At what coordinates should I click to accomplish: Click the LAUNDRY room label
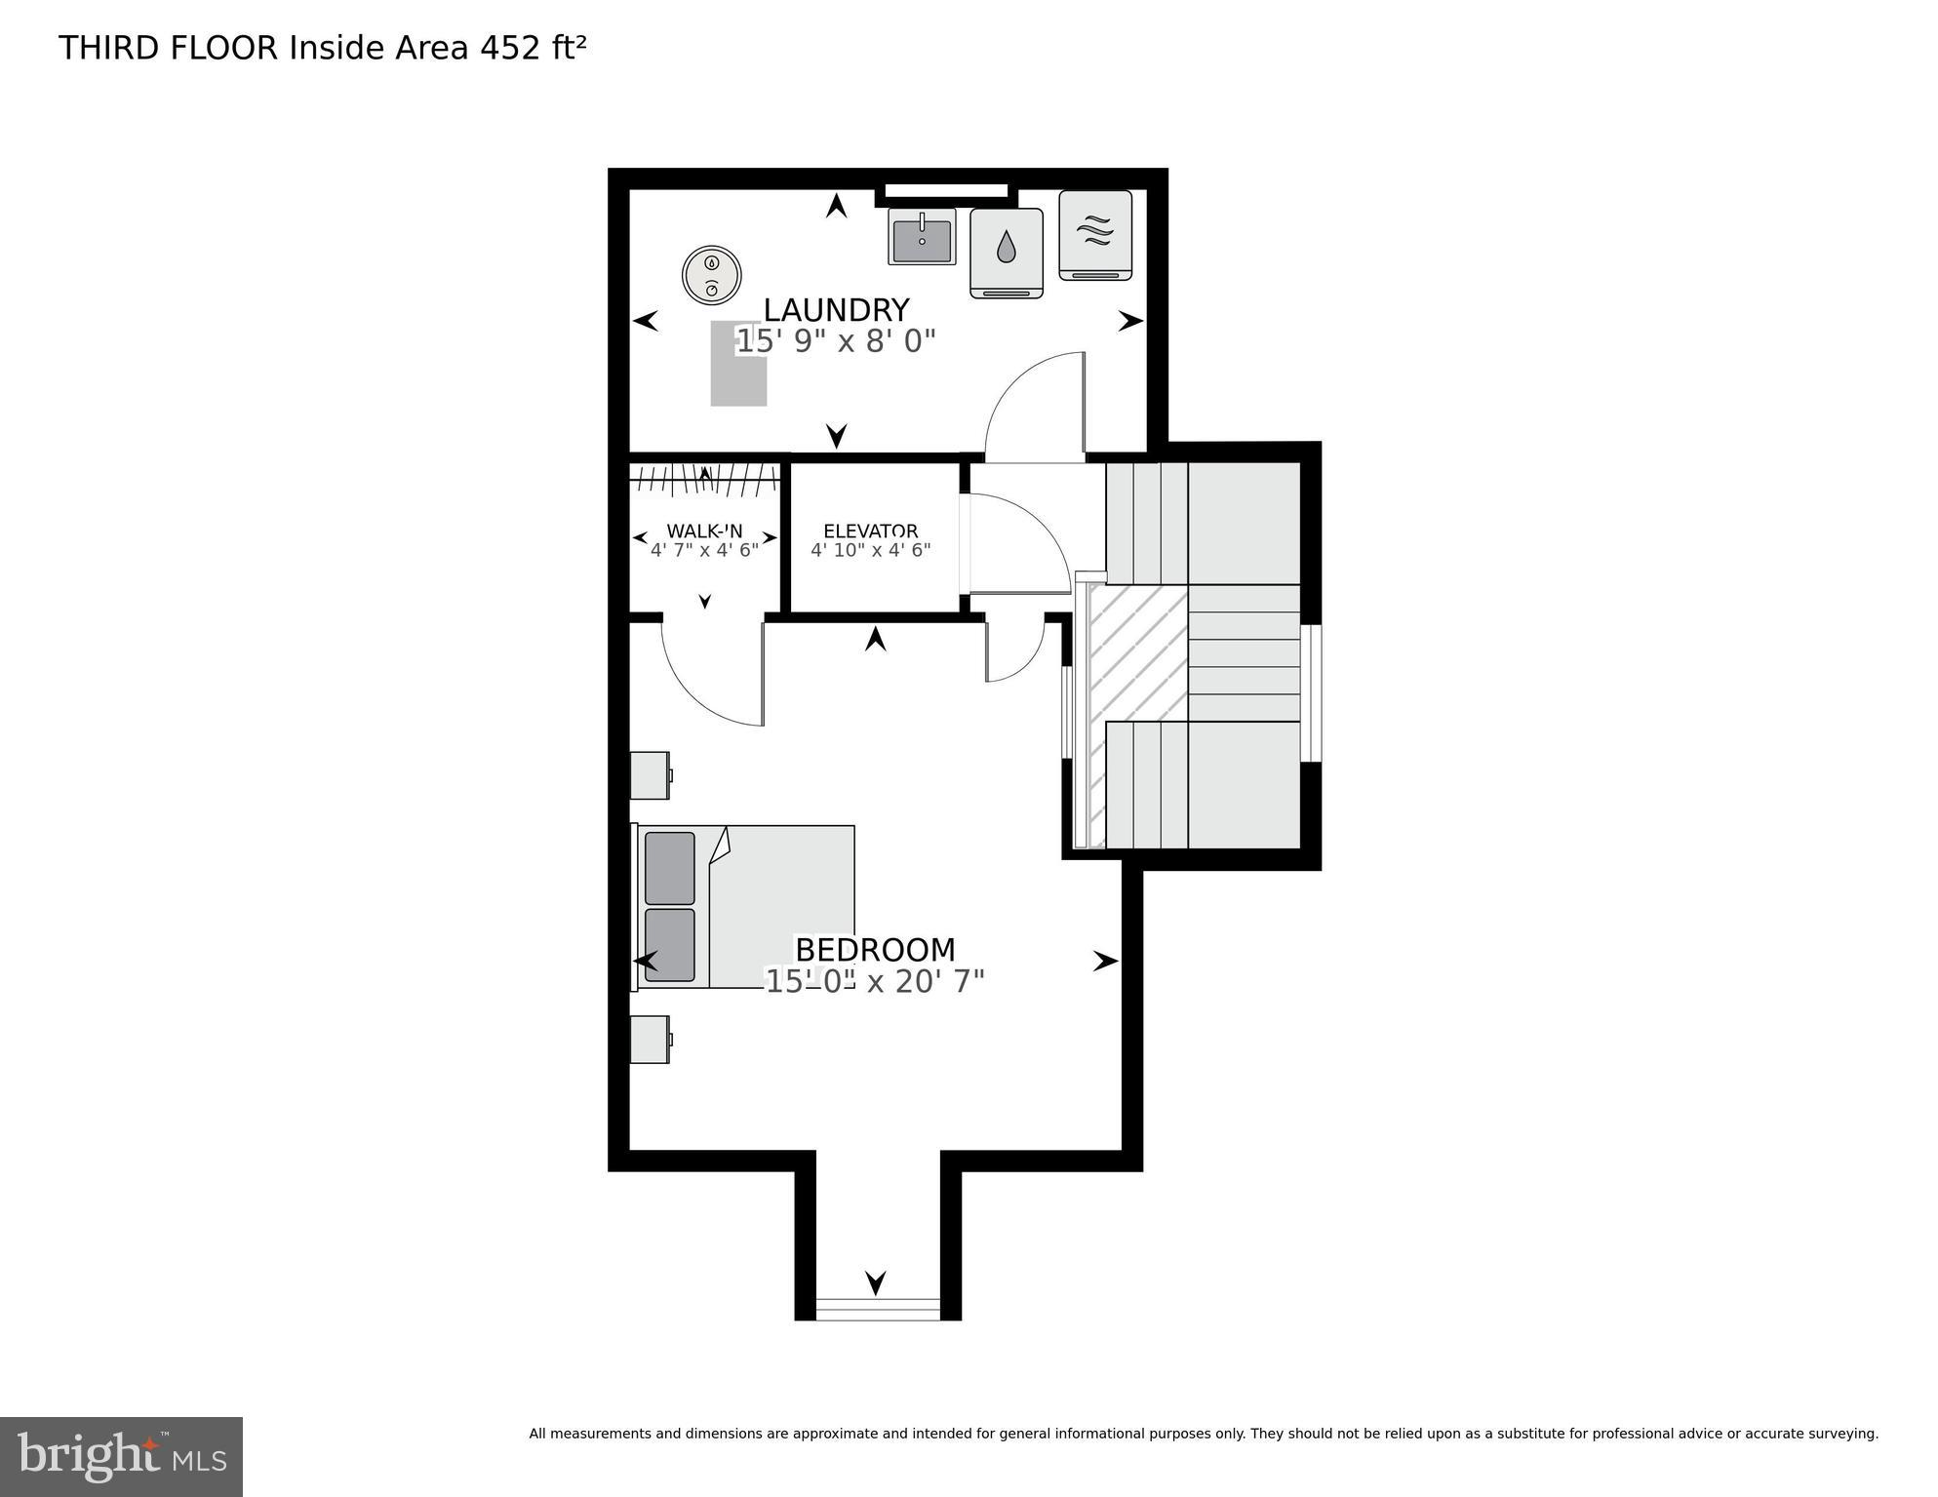836,310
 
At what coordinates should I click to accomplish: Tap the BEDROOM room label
875,950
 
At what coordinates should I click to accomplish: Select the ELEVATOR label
870,532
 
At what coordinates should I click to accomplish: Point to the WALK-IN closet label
704,532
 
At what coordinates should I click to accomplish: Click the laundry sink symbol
921,237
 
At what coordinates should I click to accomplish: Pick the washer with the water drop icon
1007,253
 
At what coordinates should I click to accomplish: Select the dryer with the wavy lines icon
1095,235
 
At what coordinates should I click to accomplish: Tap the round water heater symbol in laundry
712,276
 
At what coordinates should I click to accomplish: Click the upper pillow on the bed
670,868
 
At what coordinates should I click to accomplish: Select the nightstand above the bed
650,775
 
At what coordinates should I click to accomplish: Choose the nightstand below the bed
650,1040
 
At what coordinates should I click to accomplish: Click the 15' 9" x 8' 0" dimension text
836,341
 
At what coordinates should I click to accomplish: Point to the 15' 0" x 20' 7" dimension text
875,981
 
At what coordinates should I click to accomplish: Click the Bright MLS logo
121,1457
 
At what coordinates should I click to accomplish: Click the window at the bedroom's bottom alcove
877,1309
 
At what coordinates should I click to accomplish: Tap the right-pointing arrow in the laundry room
1129,321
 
